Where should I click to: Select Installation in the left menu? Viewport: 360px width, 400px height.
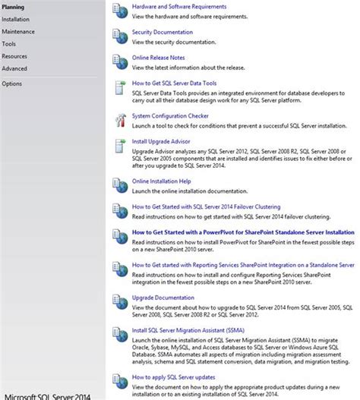pyautogui.click(x=16, y=19)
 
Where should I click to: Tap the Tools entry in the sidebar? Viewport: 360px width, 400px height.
pyautogui.click(x=9, y=43)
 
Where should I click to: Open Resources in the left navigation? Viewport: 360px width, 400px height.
pyautogui.click(x=14, y=55)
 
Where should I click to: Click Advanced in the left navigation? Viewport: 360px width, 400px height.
pyautogui.click(x=14, y=68)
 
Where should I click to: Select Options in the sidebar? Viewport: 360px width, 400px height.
pyautogui.click(x=12, y=83)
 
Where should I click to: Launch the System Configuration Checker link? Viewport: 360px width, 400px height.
pyautogui.click(x=170, y=115)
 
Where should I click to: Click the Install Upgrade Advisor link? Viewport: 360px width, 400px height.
pyautogui.click(x=161, y=141)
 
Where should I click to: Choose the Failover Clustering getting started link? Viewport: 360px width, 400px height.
pyautogui.click(x=207, y=206)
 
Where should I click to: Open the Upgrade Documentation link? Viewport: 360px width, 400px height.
pyautogui.click(x=163, y=298)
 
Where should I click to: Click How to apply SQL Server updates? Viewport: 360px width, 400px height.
pyautogui.click(x=173, y=376)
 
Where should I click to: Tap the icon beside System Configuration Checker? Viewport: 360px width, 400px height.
pyautogui.click(x=119, y=119)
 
